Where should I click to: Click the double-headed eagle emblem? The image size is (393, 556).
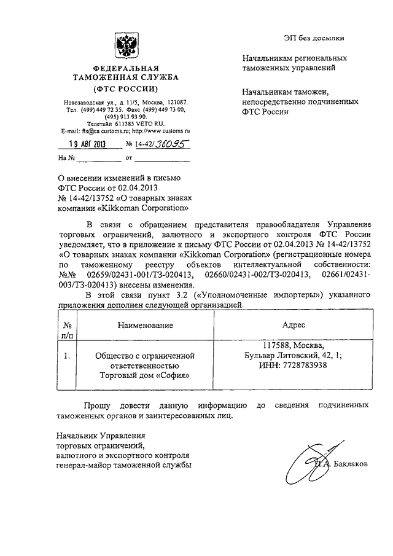[126, 46]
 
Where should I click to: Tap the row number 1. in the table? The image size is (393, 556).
[67, 355]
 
